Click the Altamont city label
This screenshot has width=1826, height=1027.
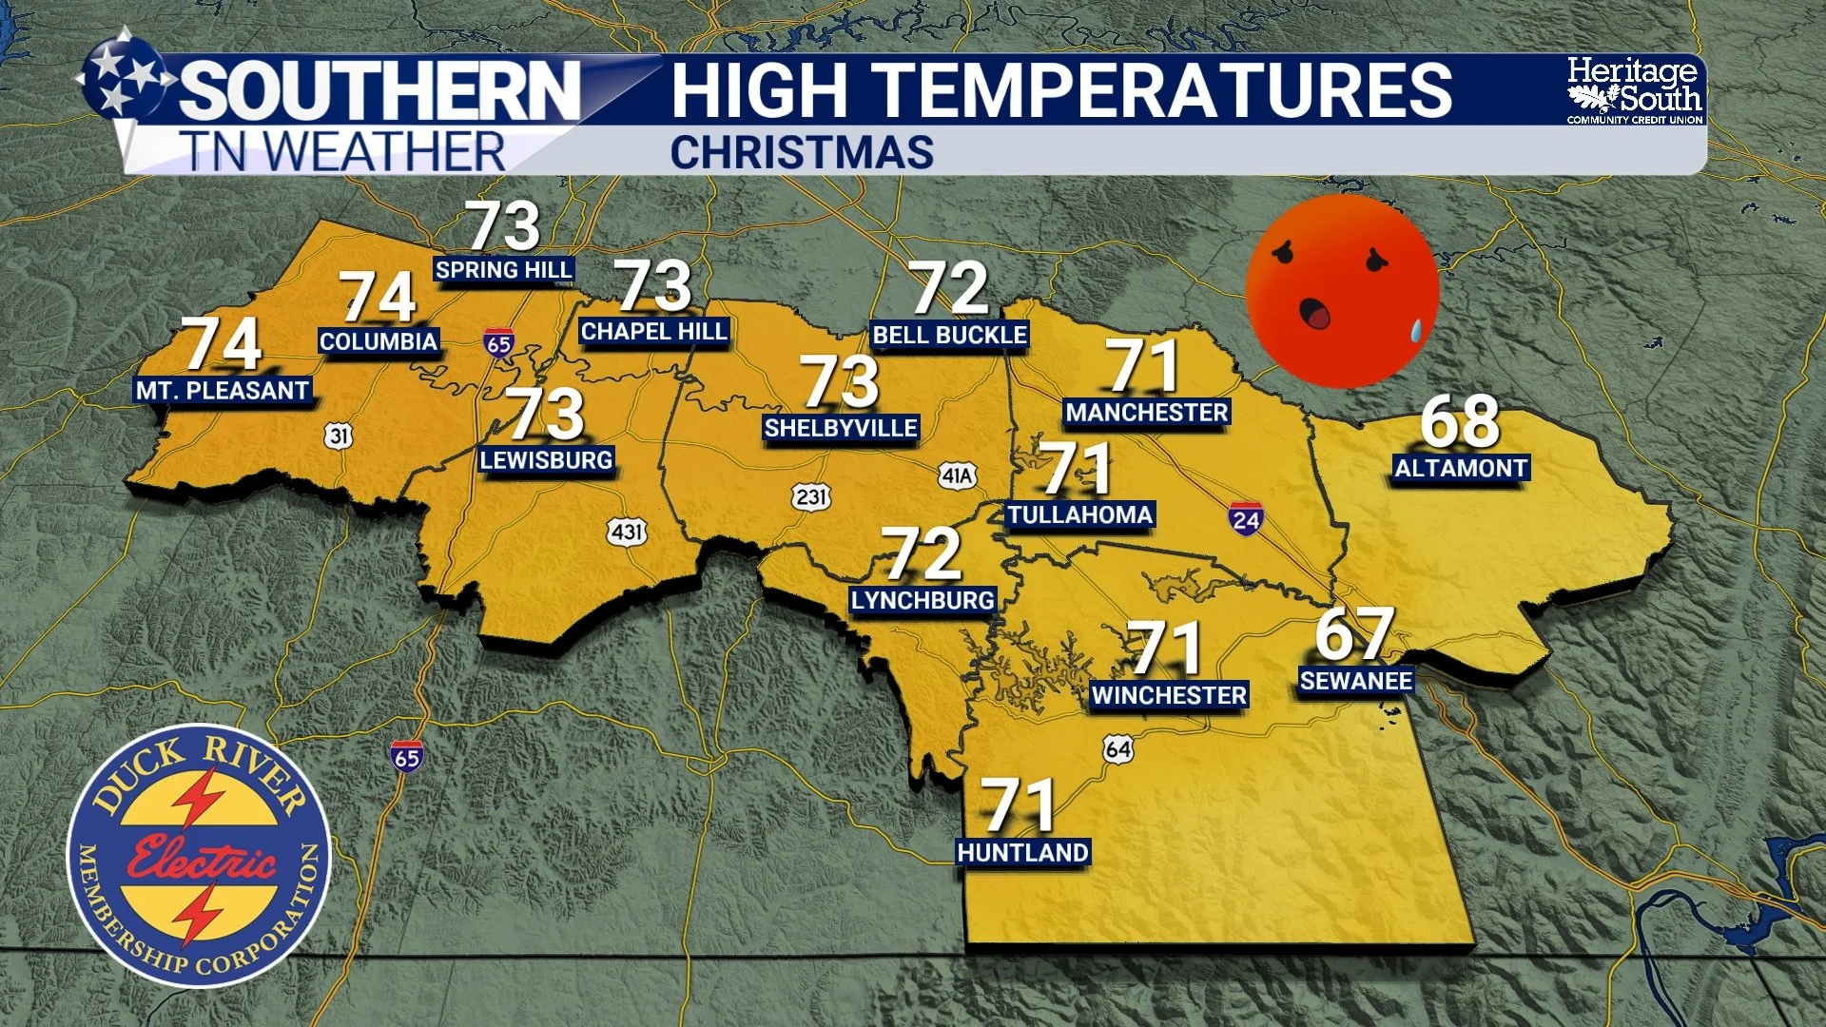[1461, 468]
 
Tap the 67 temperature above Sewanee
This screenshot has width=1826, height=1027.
[1354, 634]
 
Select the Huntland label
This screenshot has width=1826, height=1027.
[1022, 852]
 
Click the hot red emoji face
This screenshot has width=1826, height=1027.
[1341, 291]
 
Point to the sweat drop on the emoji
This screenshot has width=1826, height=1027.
[1415, 330]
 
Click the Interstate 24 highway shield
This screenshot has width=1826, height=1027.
[1245, 519]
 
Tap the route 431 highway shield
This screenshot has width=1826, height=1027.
[628, 532]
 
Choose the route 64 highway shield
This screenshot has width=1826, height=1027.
[1118, 749]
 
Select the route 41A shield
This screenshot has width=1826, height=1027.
[957, 475]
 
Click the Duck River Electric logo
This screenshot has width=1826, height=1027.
[199, 856]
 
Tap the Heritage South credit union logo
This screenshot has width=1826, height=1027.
[1634, 90]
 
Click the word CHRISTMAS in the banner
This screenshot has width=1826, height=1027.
[802, 153]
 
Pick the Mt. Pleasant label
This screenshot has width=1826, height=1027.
[223, 390]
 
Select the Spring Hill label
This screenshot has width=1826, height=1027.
[504, 270]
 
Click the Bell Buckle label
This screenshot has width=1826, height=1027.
[949, 335]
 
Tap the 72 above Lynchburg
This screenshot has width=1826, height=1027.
[921, 553]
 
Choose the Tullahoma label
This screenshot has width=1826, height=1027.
[1079, 514]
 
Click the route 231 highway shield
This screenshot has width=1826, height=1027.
[810, 496]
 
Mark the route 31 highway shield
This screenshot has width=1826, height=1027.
[339, 436]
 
